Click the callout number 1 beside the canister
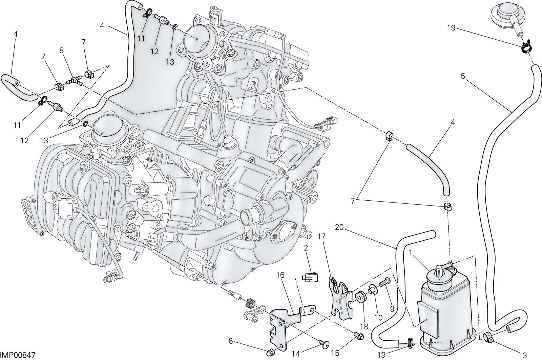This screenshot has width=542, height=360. (x=410, y=253)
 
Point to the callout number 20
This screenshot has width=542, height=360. (x=339, y=227)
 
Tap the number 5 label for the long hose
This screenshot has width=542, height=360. (x=463, y=77)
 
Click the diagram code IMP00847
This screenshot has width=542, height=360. (x=17, y=355)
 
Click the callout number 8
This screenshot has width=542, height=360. (x=61, y=51)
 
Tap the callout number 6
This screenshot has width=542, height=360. (x=231, y=341)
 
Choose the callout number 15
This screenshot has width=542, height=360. (x=335, y=353)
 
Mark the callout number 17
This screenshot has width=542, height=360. (x=321, y=236)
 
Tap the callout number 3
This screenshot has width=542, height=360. (x=524, y=355)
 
